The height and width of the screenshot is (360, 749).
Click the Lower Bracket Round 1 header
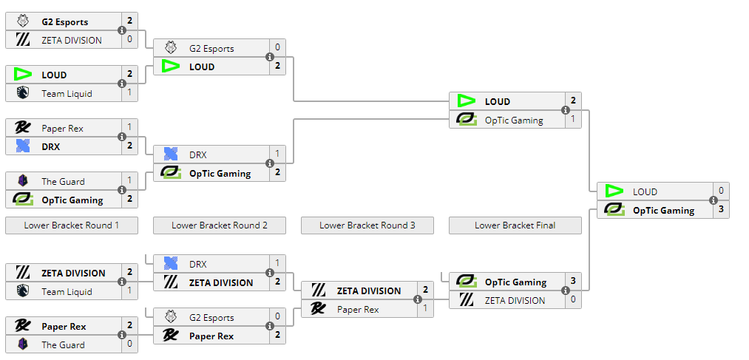click(x=71, y=225)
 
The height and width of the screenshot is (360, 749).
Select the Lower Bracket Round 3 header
click(x=367, y=225)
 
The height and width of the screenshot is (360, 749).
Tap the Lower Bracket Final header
click(x=515, y=225)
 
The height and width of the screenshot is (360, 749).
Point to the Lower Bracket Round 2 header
click(x=219, y=225)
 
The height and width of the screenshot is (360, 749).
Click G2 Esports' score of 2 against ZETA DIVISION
click(x=129, y=21)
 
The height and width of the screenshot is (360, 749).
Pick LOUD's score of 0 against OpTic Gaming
click(x=721, y=191)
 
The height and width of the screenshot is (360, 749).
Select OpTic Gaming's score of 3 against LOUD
click(x=721, y=210)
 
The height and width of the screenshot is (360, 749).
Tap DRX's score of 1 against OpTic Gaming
click(x=277, y=154)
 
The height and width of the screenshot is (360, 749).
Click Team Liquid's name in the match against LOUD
click(x=67, y=93)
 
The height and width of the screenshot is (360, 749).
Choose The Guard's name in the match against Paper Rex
click(x=63, y=344)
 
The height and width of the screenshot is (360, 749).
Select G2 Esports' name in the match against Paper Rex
click(x=211, y=318)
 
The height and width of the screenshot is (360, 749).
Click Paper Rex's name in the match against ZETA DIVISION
click(x=359, y=309)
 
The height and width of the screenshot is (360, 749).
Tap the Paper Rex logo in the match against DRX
click(x=23, y=128)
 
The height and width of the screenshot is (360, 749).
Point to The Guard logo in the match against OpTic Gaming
click(x=23, y=181)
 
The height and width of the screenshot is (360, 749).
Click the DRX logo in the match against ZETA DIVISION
click(x=171, y=264)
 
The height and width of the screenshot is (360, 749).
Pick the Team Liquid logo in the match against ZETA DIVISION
click(x=23, y=291)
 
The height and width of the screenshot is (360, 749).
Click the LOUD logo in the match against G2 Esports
click(x=171, y=67)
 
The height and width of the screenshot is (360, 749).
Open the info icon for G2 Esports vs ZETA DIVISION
click(x=122, y=31)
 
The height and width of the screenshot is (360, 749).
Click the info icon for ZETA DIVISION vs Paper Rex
click(x=418, y=300)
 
